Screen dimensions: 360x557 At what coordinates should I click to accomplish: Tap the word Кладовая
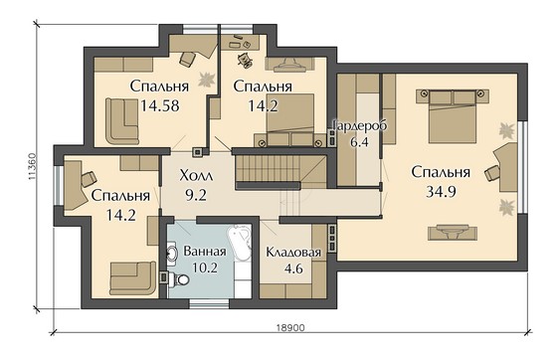pyautogui.click(x=292, y=253)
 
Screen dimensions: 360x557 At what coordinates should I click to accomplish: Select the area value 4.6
pyautogui.click(x=292, y=269)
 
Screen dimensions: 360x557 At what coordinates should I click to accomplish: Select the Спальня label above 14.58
pyautogui.click(x=154, y=86)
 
